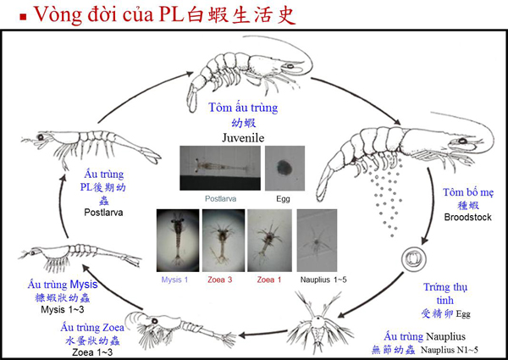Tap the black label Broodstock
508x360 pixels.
(466, 218)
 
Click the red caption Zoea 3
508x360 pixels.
(224, 278)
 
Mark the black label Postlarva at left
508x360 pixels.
(104, 213)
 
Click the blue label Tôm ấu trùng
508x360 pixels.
(243, 108)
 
